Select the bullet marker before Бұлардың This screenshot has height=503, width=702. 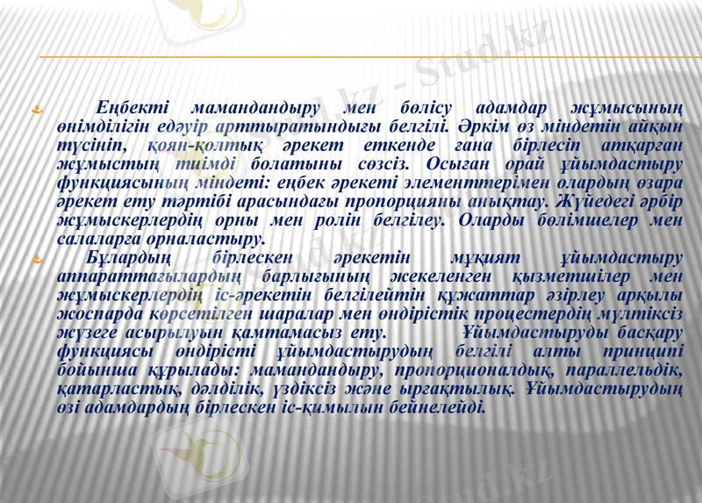coord(37,259)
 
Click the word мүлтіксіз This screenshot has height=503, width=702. coord(646,314)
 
